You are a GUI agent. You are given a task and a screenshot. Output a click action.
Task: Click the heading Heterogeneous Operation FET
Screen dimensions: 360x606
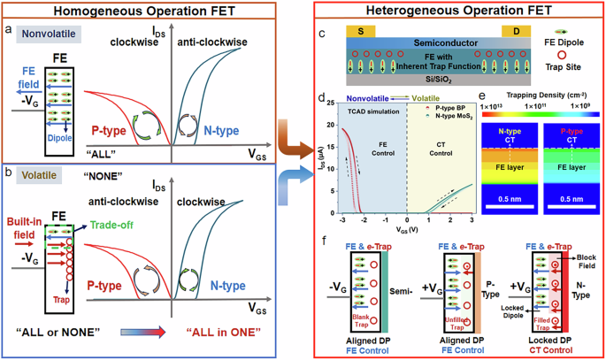453,10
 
